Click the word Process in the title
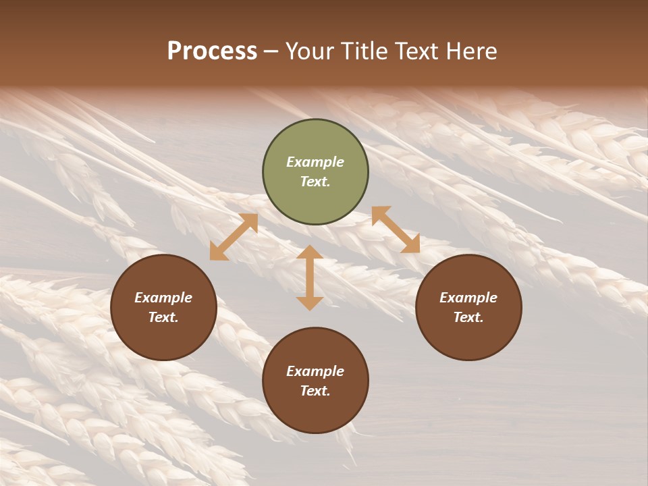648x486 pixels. [x=212, y=51]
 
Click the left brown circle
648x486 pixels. [x=163, y=307]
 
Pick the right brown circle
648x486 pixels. [x=468, y=307]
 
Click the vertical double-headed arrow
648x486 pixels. [x=310, y=277]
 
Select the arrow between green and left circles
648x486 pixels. [x=234, y=237]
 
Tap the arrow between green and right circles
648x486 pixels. [x=396, y=230]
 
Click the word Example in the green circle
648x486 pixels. [x=315, y=162]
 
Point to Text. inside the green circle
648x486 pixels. [x=315, y=182]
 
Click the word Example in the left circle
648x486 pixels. [x=163, y=298]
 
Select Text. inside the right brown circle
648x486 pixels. [x=468, y=317]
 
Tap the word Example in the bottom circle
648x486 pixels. [x=315, y=371]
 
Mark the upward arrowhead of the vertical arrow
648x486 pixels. [x=310, y=252]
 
